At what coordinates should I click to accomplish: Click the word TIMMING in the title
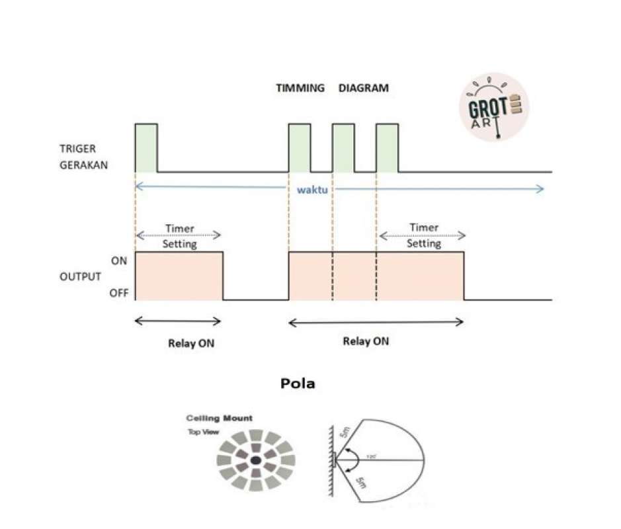pyautogui.click(x=300, y=87)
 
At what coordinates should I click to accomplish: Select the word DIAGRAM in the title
pyautogui.click(x=364, y=87)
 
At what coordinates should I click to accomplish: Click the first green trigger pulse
pyautogui.click(x=146, y=147)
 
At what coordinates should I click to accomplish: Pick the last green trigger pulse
pyautogui.click(x=387, y=147)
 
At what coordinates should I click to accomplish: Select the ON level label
pyautogui.click(x=119, y=261)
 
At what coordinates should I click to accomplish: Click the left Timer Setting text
pyautogui.click(x=178, y=236)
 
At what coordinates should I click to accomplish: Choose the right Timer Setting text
pyautogui.click(x=423, y=235)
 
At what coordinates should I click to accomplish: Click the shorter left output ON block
pyautogui.click(x=179, y=276)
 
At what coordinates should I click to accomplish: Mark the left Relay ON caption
pyautogui.click(x=191, y=344)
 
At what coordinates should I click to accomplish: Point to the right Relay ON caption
pyautogui.click(x=366, y=342)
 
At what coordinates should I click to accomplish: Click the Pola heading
pyautogui.click(x=298, y=384)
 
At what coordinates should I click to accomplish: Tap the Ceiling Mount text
pyautogui.click(x=219, y=419)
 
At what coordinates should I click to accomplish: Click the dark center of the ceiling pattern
pyautogui.click(x=256, y=460)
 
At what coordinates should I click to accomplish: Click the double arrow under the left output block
pyautogui.click(x=178, y=321)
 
